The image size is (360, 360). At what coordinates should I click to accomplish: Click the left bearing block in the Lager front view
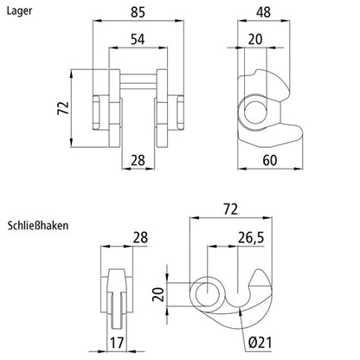tap(106, 106)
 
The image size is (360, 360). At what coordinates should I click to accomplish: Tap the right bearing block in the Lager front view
tap(167, 106)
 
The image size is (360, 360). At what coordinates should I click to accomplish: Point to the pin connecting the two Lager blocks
tap(137, 84)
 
